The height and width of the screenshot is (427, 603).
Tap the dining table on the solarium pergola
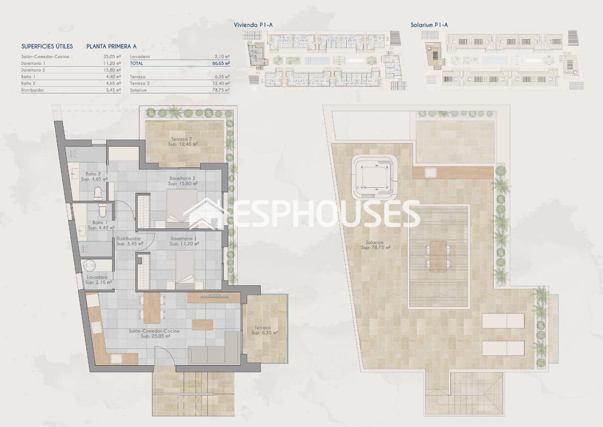pyautogui.click(x=438, y=256)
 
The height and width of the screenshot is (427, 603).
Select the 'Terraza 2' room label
pyautogui.click(x=182, y=139)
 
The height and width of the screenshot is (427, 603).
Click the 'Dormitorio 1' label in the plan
pyautogui.click(x=183, y=239)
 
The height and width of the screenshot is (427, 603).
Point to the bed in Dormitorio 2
pyautogui.click(x=182, y=206)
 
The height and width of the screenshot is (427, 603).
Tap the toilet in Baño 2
pyautogui.click(x=98, y=193)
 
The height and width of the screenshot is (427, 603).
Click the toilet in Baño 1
pyautogui.click(x=102, y=211)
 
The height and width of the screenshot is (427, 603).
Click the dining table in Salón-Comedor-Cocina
pyautogui.click(x=152, y=307)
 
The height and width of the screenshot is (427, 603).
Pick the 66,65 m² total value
pyautogui.click(x=221, y=63)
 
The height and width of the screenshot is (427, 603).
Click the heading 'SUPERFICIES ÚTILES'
pyautogui.click(x=47, y=46)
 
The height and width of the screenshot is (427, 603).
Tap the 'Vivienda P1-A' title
pyautogui.click(x=253, y=25)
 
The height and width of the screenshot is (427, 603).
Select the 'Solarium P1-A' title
pyautogui.click(x=429, y=25)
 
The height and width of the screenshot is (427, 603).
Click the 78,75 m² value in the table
pyautogui.click(x=221, y=90)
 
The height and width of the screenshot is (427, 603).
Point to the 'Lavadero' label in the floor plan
pyautogui.click(x=97, y=278)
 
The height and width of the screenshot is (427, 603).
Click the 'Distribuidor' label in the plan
pyautogui.click(x=129, y=239)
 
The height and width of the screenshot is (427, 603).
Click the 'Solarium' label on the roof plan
pyautogui.click(x=374, y=243)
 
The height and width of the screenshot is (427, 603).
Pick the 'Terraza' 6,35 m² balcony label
pyautogui.click(x=263, y=328)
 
